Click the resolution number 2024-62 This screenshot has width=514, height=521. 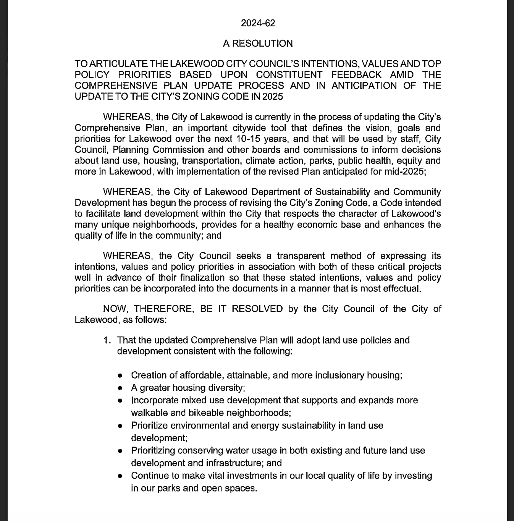tap(258, 23)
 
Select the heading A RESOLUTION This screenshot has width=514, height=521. tap(258, 44)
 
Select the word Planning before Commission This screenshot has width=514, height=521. tap(131, 149)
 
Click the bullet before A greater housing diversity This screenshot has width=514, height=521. tap(120, 388)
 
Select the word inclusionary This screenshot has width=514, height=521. tap(339, 375)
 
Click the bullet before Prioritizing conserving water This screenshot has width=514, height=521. tap(120, 451)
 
